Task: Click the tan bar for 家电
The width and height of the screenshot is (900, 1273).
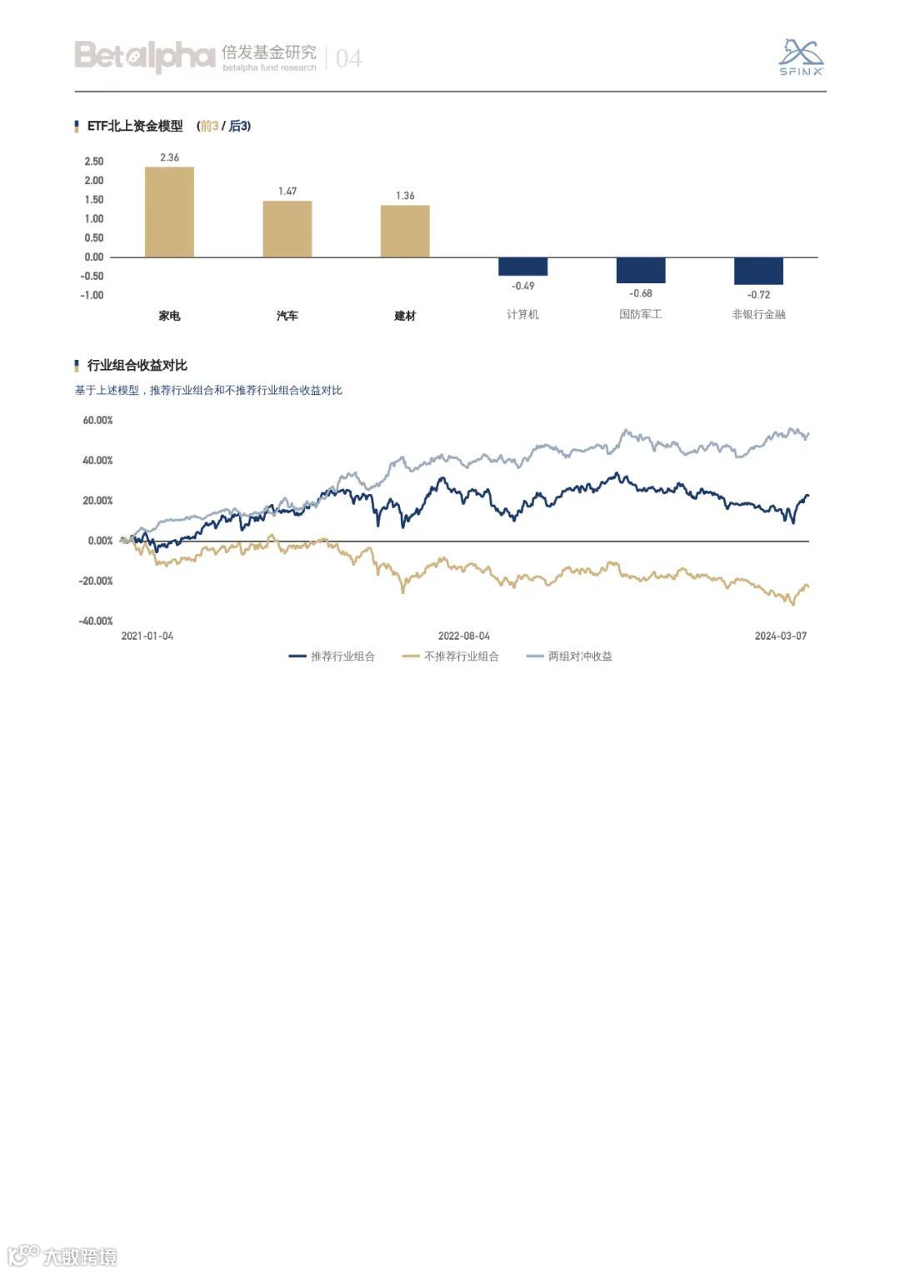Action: [169, 212]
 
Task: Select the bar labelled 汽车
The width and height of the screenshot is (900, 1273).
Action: [287, 228]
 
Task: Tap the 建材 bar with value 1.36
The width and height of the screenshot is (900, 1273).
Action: [405, 231]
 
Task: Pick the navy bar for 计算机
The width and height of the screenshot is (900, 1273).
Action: [522, 267]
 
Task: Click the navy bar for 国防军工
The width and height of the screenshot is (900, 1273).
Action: [641, 270]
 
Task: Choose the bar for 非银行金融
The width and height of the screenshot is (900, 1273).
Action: [758, 271]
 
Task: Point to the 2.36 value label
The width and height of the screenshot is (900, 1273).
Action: [169, 157]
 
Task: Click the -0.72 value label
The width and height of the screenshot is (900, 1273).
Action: [758, 295]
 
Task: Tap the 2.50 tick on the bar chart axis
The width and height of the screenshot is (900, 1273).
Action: [94, 162]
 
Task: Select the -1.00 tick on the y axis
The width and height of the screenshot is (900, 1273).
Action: [92, 296]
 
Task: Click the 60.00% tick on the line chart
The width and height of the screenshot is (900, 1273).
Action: [97, 421]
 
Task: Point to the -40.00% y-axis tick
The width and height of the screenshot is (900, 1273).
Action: [96, 622]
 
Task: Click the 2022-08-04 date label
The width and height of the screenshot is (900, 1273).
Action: [464, 636]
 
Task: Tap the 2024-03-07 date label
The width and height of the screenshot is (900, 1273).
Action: [781, 636]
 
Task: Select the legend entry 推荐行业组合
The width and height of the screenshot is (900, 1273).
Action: [332, 656]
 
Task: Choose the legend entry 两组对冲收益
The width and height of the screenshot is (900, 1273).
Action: [570, 656]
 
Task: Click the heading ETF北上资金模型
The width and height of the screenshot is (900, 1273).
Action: [135, 127]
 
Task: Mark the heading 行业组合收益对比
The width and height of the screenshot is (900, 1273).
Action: [137, 366]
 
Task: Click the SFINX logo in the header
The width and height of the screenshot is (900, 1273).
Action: [801, 57]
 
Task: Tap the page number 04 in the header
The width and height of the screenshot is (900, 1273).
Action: [348, 58]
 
